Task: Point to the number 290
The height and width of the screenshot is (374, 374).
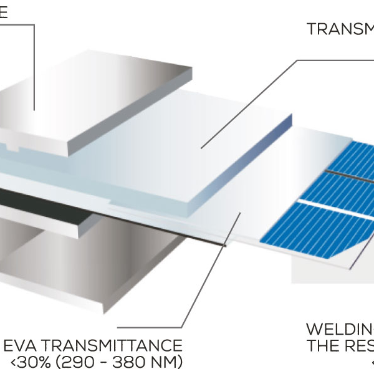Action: pyautogui.click(x=79, y=362)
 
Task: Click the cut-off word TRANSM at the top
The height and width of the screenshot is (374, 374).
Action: pyautogui.click(x=340, y=29)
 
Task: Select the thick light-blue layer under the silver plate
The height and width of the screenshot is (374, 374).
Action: pyautogui.click(x=187, y=150)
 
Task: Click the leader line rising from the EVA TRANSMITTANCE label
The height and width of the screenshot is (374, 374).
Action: pyautogui.click(x=212, y=268)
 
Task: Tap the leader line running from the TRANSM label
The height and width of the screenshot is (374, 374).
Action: pyautogui.click(x=249, y=100)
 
